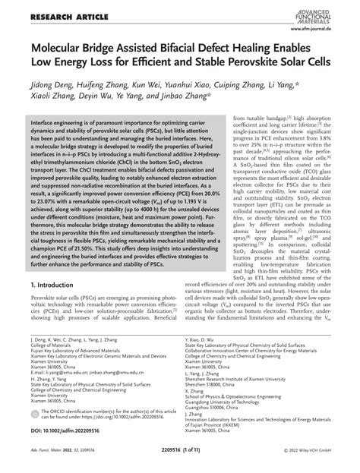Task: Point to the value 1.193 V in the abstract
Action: pos(200,215)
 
